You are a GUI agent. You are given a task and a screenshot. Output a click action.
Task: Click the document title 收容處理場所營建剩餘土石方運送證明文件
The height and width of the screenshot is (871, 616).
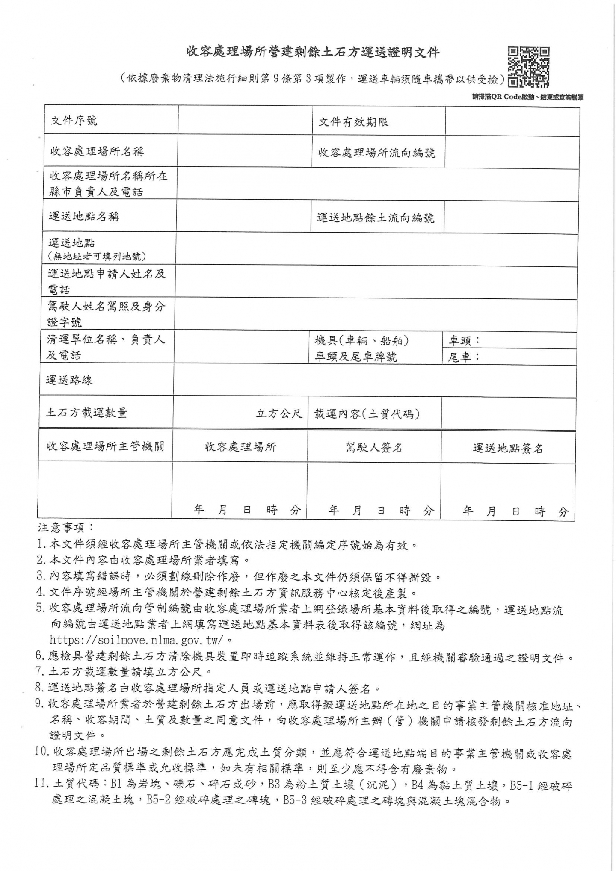pyautogui.click(x=313, y=53)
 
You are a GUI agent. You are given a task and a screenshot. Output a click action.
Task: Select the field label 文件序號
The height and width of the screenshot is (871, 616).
pyautogui.click(x=74, y=121)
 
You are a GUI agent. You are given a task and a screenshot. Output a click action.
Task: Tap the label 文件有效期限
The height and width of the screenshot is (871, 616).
pyautogui.click(x=353, y=122)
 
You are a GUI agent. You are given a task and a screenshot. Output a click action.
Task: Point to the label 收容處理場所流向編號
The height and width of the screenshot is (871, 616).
pyautogui.click(x=376, y=153)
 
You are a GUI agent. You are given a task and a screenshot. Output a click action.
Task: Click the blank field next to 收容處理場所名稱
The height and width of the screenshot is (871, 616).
pyautogui.click(x=245, y=151)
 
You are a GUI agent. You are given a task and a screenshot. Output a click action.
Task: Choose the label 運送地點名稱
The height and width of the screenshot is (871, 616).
pyautogui.click(x=84, y=216)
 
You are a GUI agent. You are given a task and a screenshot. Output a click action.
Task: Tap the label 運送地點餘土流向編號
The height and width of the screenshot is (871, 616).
pyautogui.click(x=375, y=218)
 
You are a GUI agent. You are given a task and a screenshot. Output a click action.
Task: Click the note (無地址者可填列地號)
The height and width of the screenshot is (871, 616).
pyautogui.click(x=97, y=256)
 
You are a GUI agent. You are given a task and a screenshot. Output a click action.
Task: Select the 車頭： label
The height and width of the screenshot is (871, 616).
pyautogui.click(x=465, y=340)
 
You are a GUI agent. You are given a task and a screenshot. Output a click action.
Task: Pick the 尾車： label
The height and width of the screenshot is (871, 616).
pyautogui.click(x=464, y=357)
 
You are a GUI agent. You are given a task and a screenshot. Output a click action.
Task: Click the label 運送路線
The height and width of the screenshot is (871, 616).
pyautogui.click(x=69, y=380)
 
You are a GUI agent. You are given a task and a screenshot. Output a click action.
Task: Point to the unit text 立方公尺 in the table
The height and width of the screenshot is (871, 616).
pyautogui.click(x=279, y=413)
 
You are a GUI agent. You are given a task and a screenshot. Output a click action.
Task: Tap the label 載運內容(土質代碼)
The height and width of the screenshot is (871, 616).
pyautogui.click(x=367, y=414)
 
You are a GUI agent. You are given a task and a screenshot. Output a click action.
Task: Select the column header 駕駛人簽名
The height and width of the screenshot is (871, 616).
pyautogui.click(x=374, y=447)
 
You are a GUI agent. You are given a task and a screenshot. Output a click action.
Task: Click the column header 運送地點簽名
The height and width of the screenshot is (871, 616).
pyautogui.click(x=508, y=448)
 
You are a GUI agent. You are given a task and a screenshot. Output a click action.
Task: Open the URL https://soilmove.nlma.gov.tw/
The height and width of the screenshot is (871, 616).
pyautogui.click(x=137, y=640)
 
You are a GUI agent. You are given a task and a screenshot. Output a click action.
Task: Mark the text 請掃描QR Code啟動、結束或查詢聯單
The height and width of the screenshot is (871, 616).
pyautogui.click(x=528, y=97)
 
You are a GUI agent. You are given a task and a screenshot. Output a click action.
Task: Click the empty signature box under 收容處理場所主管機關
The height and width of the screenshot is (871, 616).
pyautogui.click(x=105, y=490)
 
